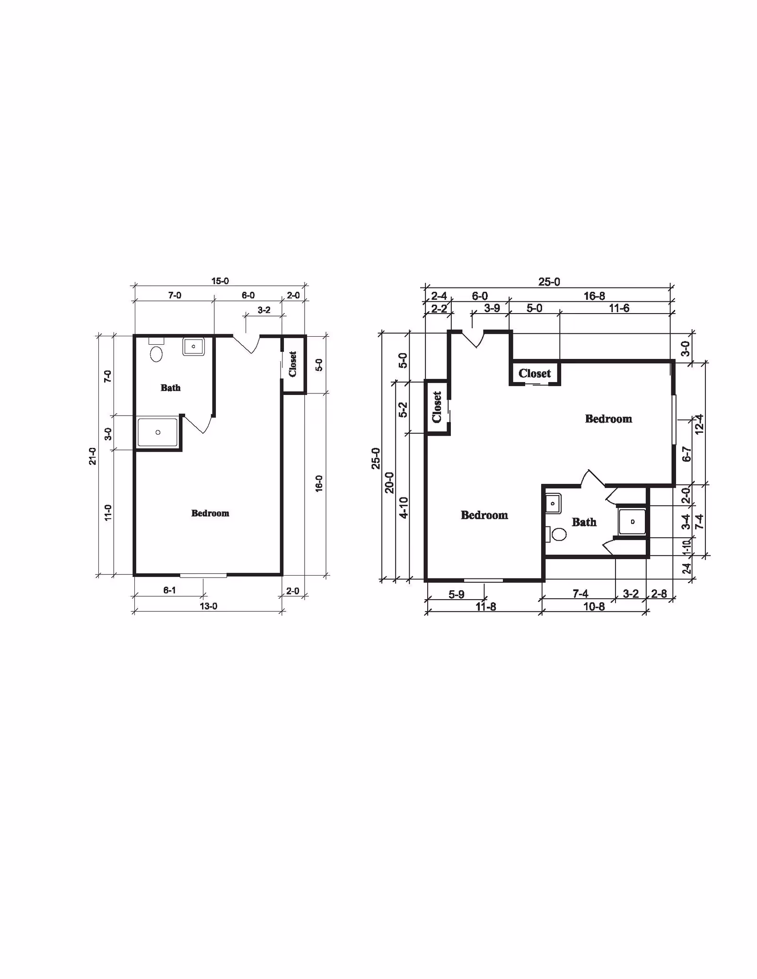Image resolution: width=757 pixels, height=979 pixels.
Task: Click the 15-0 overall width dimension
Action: click(220, 281)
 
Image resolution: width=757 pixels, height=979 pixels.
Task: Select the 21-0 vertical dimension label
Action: click(93, 456)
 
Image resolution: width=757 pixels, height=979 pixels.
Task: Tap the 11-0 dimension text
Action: click(108, 513)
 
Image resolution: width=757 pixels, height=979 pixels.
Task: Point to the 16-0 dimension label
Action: click(319, 484)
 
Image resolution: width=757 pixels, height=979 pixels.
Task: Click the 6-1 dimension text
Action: click(169, 590)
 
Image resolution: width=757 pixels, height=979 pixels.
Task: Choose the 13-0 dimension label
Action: click(208, 606)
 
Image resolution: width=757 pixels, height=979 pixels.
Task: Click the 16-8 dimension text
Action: click(594, 296)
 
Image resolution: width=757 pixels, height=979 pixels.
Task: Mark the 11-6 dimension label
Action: click(619, 308)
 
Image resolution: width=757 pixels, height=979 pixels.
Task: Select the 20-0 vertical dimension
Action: click(389, 482)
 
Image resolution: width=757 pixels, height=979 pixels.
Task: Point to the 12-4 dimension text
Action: click(699, 424)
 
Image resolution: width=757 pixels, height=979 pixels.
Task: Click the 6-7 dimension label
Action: click(687, 454)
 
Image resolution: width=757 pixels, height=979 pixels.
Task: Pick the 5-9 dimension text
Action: click(457, 594)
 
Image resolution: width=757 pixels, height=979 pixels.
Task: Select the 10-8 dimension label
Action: click(594, 607)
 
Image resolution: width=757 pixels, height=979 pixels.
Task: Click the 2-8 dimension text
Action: click(659, 594)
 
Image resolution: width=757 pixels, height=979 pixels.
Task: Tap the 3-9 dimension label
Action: click(492, 308)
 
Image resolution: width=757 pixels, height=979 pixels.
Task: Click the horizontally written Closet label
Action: click(535, 374)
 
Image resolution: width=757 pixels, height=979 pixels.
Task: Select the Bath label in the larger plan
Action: click(584, 522)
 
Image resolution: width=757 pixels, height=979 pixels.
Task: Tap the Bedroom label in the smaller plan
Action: click(210, 513)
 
